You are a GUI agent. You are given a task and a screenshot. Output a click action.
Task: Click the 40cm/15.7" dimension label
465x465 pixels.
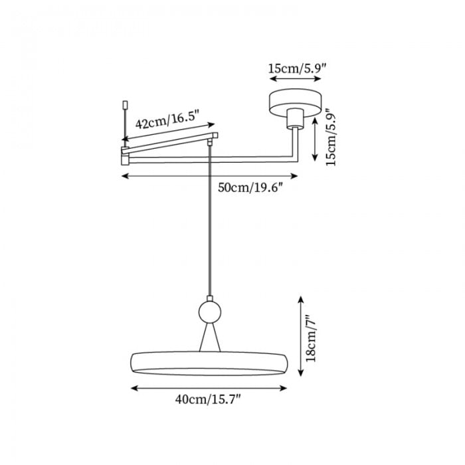207,399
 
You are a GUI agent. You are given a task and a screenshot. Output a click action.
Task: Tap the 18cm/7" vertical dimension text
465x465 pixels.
312,338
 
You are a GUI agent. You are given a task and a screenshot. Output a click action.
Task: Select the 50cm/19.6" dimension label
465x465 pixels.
250,187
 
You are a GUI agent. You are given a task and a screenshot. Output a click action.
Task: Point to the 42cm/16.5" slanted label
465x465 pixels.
167,120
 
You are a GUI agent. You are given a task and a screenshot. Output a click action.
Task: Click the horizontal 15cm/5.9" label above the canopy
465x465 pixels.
297,68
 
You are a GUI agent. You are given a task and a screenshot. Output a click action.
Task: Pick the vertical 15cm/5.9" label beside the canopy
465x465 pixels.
331,136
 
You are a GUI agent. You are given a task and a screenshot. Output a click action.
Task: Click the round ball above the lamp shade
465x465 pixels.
210,312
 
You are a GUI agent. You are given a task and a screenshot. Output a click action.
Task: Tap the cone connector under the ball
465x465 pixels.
210,337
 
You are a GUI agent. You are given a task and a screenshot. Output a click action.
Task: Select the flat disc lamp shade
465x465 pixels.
209,363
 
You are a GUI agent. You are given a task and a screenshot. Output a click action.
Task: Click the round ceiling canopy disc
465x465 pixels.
296,101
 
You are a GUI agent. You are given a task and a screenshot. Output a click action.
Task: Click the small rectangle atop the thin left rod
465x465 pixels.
125,105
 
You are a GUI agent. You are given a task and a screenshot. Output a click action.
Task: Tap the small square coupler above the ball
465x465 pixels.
210,298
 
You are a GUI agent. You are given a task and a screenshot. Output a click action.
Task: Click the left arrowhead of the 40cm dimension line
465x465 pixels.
134,388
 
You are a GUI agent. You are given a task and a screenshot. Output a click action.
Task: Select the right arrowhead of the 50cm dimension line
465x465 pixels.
294,176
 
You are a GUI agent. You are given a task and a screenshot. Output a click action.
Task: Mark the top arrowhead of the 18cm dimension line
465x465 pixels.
301,300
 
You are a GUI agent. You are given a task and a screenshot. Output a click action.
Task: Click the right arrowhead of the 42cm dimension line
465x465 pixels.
211,124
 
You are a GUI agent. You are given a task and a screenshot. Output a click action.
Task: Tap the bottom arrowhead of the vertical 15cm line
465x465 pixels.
315,157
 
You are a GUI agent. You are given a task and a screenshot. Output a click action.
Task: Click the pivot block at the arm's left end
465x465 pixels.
125,155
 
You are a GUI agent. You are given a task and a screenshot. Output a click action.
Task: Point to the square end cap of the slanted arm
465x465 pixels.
215,136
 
